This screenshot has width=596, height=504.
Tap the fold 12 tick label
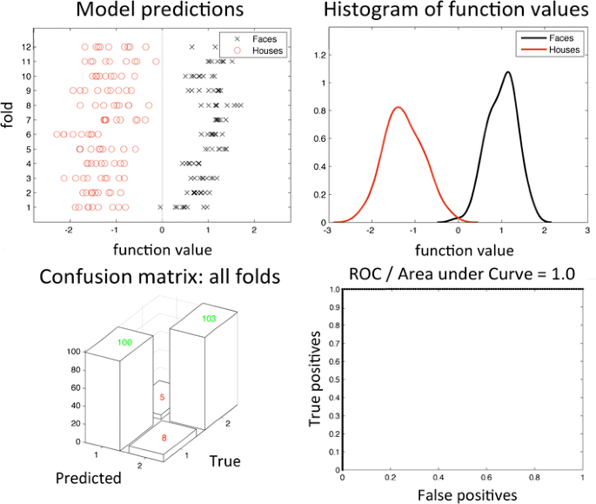(29, 46)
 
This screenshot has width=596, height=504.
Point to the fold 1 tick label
(31, 207)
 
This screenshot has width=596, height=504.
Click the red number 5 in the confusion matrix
(162, 397)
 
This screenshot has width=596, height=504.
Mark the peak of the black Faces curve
(506, 72)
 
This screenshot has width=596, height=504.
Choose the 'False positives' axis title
(461, 494)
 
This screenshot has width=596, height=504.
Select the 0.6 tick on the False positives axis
(486, 477)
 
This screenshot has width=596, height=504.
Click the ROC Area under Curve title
(461, 273)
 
